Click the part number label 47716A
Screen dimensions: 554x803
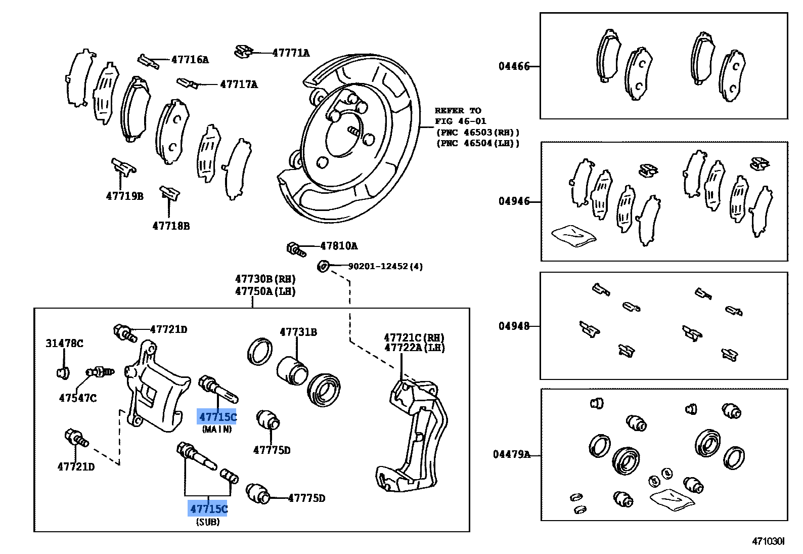click(190, 60)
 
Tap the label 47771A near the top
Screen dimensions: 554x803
click(291, 53)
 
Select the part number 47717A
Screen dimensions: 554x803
click(239, 84)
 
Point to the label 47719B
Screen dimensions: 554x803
click(124, 196)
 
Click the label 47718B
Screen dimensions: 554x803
click(171, 226)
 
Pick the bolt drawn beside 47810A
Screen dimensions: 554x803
click(296, 249)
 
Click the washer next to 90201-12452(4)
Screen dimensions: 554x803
click(323, 266)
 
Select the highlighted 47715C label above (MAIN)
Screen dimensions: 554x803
click(217, 417)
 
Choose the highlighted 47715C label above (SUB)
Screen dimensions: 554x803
click(208, 508)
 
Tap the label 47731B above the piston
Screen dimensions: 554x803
click(298, 332)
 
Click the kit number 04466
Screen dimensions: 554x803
click(514, 66)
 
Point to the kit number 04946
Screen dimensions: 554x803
click(514, 201)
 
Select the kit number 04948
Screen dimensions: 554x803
click(514, 326)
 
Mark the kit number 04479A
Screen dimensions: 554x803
click(512, 454)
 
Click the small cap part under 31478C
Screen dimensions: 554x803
click(63, 373)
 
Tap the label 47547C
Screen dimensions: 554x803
click(77, 398)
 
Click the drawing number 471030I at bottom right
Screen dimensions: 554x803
click(768, 541)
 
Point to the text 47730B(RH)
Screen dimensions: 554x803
click(265, 279)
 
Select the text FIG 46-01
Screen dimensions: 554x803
click(460, 121)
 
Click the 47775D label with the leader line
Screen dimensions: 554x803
click(306, 498)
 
